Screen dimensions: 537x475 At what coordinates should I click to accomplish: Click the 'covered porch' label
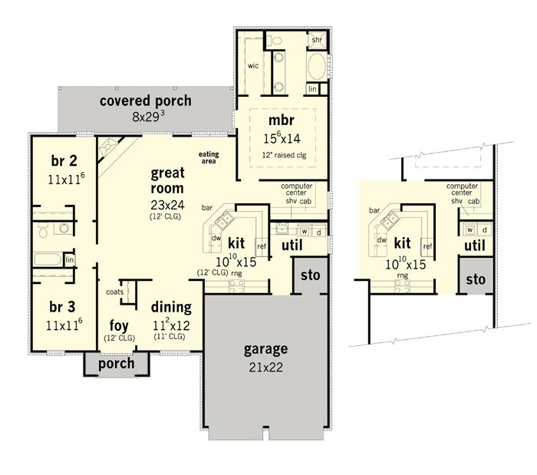coord(146,101)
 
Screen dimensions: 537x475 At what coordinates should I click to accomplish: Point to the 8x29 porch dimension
coord(148,117)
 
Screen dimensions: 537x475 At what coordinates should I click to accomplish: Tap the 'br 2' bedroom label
coord(64,160)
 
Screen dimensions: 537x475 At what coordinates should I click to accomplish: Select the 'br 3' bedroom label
coord(62,307)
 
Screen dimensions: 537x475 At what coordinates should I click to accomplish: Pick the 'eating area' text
coord(209,157)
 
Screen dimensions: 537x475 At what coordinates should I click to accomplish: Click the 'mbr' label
coord(282,120)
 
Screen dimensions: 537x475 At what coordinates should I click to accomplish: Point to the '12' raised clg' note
coord(285,155)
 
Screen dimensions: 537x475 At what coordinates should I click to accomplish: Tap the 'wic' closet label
coord(253,66)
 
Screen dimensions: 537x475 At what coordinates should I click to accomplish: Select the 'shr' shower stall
coord(317,40)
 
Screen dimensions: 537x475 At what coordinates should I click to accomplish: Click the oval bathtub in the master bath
coord(317,67)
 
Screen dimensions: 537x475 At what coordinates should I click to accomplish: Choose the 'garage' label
coord(265,350)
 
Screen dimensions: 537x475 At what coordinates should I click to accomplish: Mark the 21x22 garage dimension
coord(265,368)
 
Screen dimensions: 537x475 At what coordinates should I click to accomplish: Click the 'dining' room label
coord(171,307)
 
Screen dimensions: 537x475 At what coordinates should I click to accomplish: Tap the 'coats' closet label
coord(115,292)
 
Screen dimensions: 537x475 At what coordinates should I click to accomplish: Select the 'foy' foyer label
coord(119,325)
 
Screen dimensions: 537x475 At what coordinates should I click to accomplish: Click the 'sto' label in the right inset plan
coord(476,279)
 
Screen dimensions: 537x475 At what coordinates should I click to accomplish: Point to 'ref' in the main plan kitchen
coord(262,246)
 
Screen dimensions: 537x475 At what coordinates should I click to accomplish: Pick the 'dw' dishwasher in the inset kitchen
coord(381,240)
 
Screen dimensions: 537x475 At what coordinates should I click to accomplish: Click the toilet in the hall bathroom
coord(43,230)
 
